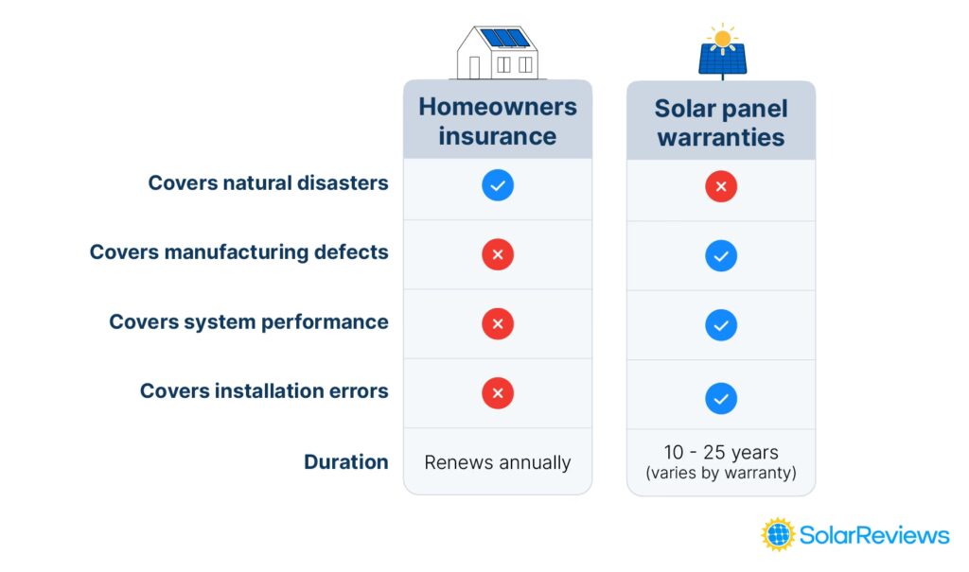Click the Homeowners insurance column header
498,121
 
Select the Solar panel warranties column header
721,122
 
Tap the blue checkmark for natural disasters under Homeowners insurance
498,184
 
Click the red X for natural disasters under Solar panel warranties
721,186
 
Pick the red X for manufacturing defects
498,254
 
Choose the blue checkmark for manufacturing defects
721,255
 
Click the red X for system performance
498,323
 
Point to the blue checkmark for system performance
721,325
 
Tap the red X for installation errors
498,393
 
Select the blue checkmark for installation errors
721,398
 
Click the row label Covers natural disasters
268,182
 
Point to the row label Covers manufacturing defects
239,252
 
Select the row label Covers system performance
249,321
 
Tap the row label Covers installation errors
265,391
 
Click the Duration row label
346,462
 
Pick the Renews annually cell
498,462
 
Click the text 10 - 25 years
721,452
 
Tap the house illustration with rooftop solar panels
498,53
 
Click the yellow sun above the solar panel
722,39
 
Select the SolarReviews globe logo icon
778,534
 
